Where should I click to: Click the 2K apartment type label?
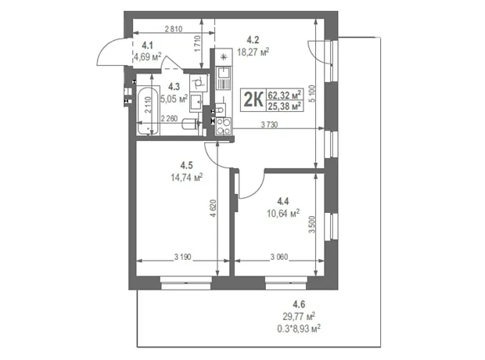tap(253, 99)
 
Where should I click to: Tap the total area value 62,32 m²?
tap(285, 94)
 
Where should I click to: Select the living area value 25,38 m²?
tap(285, 106)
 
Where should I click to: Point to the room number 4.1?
tap(147, 46)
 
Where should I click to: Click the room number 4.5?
tap(186, 165)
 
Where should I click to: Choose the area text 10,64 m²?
tap(283, 213)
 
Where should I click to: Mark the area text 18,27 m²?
tap(253, 52)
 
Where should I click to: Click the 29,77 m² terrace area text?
tap(299, 316)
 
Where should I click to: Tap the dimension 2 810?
tap(174, 29)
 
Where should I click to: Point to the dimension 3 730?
tap(269, 124)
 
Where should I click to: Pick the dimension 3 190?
tap(183, 257)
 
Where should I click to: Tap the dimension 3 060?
tap(279, 257)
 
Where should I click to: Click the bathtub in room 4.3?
tap(149, 111)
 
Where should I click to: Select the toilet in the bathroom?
tap(192, 124)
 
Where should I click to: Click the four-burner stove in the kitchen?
tap(223, 126)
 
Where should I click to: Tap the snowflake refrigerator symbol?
tap(223, 57)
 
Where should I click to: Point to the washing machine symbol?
tap(199, 83)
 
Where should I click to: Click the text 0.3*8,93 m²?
tap(299, 328)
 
